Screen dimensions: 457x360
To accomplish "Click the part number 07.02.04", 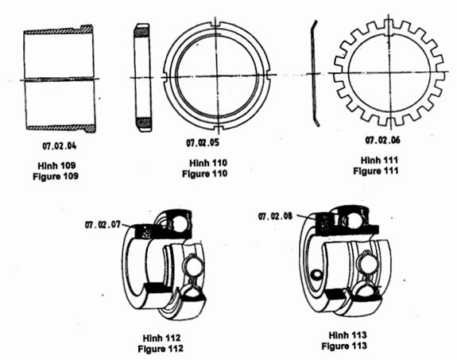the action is [x=60, y=145].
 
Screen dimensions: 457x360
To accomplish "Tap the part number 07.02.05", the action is [x=203, y=142].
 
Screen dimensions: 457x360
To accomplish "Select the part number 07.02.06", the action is [x=382, y=140].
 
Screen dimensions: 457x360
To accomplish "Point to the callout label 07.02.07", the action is [x=103, y=225].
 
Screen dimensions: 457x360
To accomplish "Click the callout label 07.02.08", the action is [x=275, y=216].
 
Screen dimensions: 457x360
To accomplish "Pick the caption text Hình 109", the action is [x=57, y=165].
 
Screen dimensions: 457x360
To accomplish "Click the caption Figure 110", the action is [x=204, y=174].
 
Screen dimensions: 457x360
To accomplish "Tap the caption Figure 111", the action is [x=376, y=171].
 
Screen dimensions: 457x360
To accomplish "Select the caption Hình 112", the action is [x=162, y=338].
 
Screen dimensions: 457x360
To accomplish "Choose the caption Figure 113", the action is [x=344, y=346].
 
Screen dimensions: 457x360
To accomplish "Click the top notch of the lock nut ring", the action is [x=216, y=25].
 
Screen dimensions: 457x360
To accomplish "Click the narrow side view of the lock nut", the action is [x=143, y=78].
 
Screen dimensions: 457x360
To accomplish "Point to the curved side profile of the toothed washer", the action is [x=314, y=73].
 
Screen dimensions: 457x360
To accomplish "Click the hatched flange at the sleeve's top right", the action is [x=87, y=29].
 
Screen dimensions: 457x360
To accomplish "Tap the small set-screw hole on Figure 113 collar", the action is [x=316, y=274].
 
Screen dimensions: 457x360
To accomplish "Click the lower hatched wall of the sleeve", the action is [x=61, y=128].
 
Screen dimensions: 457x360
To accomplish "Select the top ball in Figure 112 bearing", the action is [x=179, y=223].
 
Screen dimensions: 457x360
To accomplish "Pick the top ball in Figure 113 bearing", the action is [x=354, y=221].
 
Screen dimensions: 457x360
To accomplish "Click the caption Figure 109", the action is [x=56, y=176].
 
